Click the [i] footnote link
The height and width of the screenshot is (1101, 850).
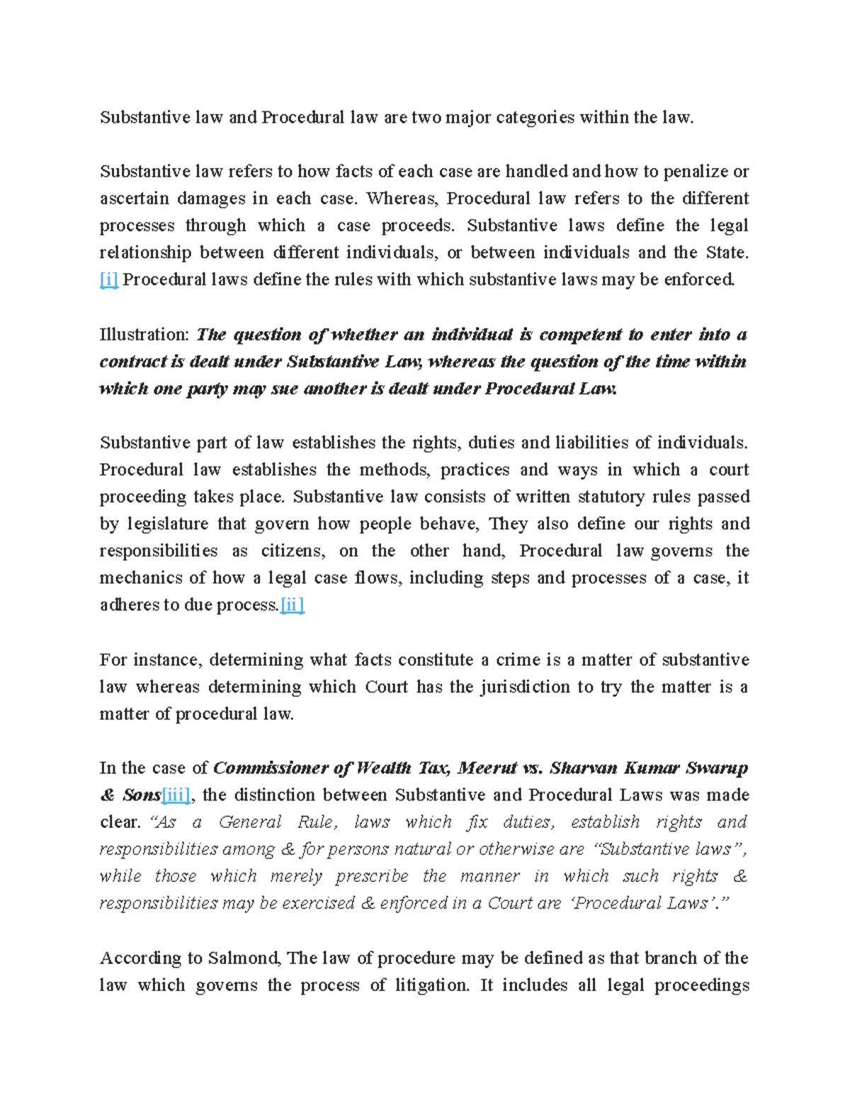point(108,280)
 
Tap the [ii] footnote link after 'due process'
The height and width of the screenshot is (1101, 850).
point(293,605)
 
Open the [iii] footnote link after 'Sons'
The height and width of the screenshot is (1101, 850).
point(176,795)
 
